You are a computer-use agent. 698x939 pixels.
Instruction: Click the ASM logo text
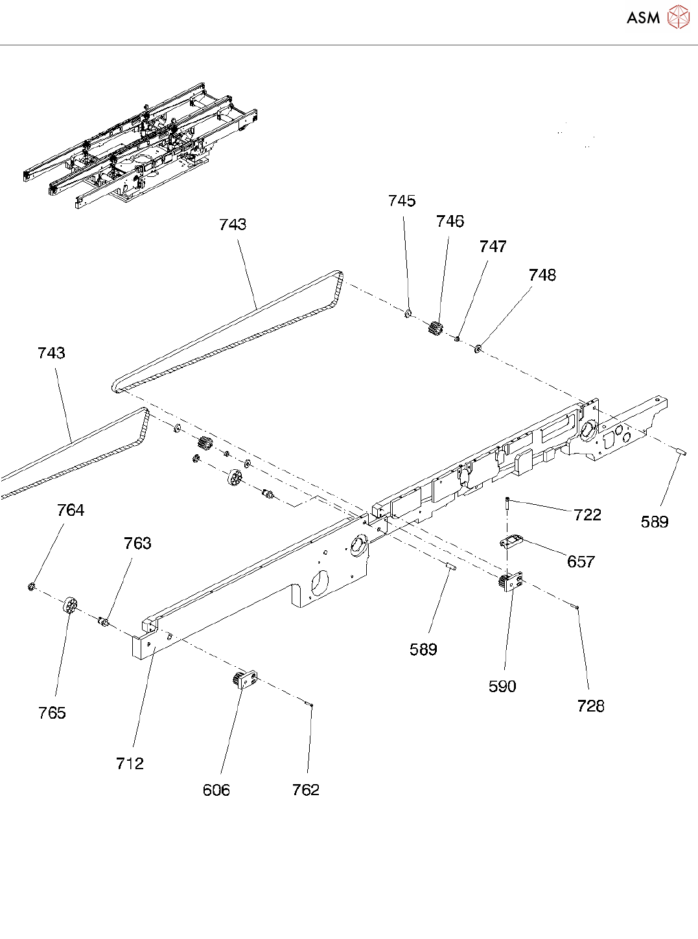pyautogui.click(x=643, y=18)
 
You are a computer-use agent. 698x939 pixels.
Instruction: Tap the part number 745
pyautogui.click(x=402, y=201)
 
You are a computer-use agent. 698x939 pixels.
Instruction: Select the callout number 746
pyautogui.click(x=450, y=222)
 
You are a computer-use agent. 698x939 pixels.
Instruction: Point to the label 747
pyautogui.click(x=493, y=247)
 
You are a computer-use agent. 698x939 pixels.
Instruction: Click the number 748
pyautogui.click(x=542, y=275)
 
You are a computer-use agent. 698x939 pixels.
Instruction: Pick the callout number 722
pyautogui.click(x=587, y=515)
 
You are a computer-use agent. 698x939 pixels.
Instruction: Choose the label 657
pyautogui.click(x=581, y=562)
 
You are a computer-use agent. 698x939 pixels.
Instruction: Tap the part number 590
pyautogui.click(x=502, y=686)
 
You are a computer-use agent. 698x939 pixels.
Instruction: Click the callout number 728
pyautogui.click(x=590, y=706)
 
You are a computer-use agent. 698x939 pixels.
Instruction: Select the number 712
pyautogui.click(x=130, y=763)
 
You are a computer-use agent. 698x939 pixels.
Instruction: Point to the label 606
pyautogui.click(x=216, y=790)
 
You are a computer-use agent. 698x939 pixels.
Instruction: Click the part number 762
pyautogui.click(x=305, y=789)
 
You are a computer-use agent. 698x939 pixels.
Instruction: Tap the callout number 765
pyautogui.click(x=52, y=713)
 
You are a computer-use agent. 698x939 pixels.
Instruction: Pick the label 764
pyautogui.click(x=71, y=511)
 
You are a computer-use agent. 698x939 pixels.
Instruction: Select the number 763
pyautogui.click(x=137, y=543)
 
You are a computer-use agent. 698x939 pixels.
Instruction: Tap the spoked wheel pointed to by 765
pyautogui.click(x=70, y=607)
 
